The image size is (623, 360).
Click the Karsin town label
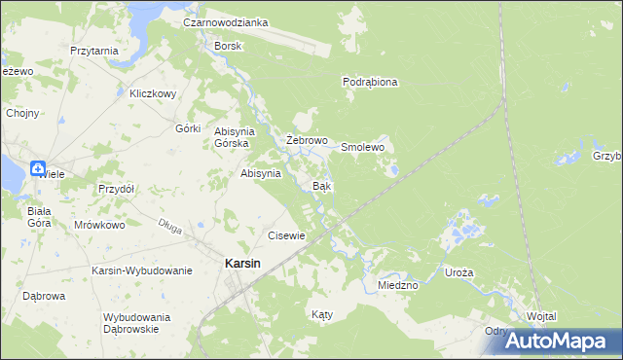241,263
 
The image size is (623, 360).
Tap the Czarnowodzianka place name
226,21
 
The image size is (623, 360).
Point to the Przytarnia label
94,51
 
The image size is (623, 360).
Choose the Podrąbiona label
371,83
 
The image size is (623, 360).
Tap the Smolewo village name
363,147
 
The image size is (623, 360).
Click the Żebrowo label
306,141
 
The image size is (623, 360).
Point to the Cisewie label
287,235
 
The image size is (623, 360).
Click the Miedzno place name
397,285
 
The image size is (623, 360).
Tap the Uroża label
458,273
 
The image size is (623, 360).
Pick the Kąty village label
321,315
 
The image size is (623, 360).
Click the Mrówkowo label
100,225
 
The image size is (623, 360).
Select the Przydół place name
116,189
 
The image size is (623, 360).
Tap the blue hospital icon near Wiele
38,167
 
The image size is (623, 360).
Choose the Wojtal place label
541,317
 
